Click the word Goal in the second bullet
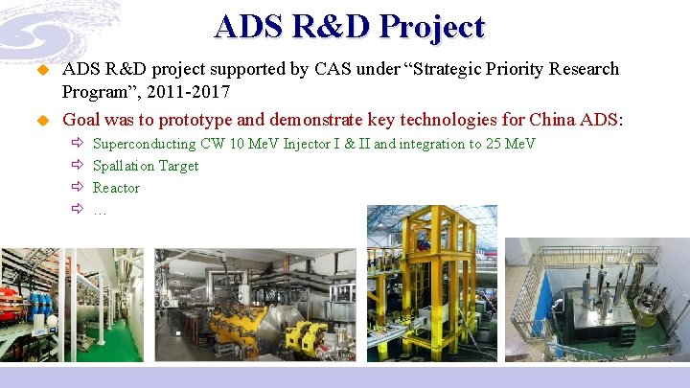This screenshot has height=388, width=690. click(x=81, y=120)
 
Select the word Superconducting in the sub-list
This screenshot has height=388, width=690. click(x=144, y=144)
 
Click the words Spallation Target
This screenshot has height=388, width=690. click(x=146, y=166)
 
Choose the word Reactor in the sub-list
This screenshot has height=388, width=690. click(x=116, y=188)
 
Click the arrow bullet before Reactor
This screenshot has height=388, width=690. click(x=79, y=188)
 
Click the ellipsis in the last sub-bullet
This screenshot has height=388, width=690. click(x=100, y=210)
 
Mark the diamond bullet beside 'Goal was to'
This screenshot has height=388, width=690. click(x=41, y=121)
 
